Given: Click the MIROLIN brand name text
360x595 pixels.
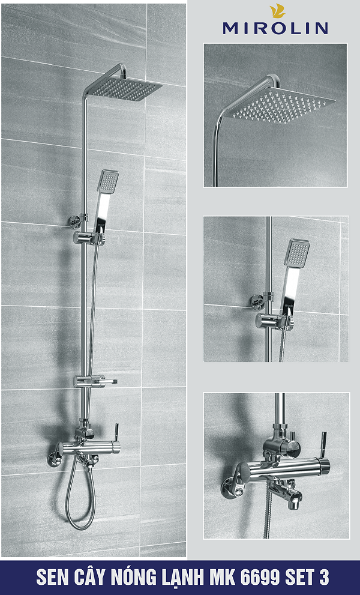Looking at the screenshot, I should tap(275, 28).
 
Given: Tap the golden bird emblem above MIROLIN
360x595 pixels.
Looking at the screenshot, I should tap(277, 11).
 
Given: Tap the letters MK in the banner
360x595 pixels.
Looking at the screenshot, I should tap(225, 578).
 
